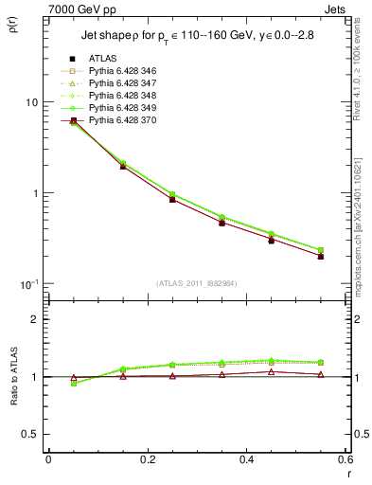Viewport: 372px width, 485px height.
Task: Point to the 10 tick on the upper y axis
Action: (x=29, y=102)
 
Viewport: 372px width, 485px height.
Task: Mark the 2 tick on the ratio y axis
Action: (x=33, y=319)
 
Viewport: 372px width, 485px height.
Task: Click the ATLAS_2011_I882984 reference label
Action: (x=195, y=283)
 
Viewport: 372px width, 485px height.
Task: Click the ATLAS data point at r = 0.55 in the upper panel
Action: (x=320, y=256)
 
